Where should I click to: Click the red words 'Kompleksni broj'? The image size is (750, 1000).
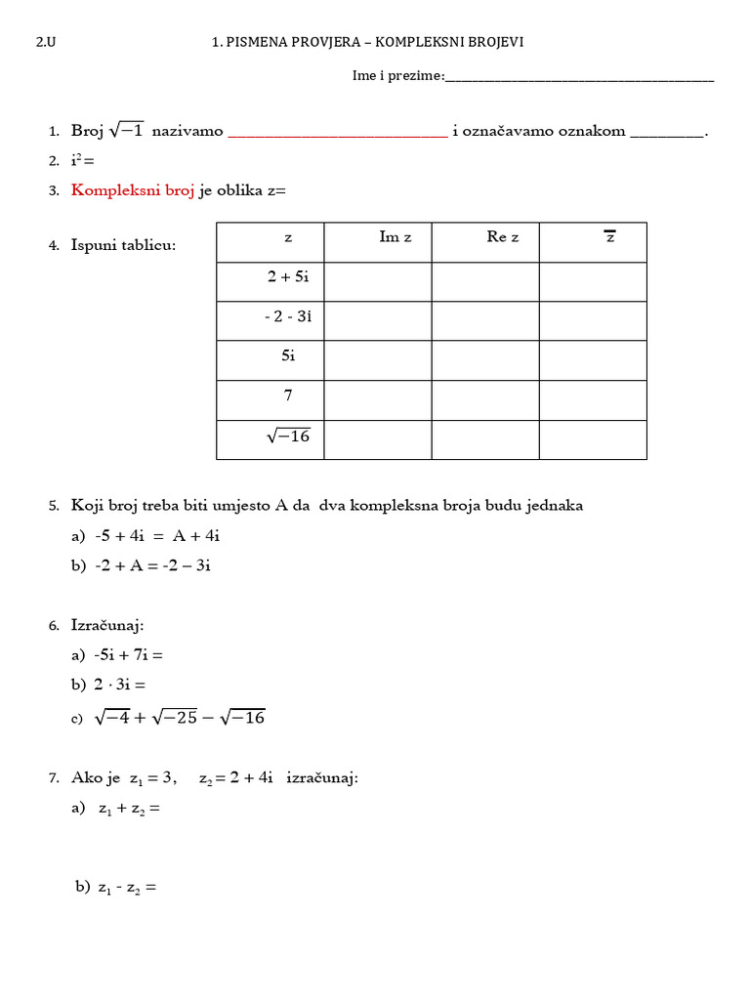coord(133,191)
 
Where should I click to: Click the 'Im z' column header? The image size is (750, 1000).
coord(395,237)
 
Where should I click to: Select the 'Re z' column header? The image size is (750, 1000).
coord(503,237)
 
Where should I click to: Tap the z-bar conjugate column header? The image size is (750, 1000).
coord(610,237)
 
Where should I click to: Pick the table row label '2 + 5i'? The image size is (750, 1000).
coord(288,277)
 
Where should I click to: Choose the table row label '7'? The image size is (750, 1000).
coord(288,396)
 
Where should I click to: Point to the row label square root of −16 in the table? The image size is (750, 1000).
coord(288,437)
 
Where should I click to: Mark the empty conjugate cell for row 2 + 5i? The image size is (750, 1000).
coord(593,282)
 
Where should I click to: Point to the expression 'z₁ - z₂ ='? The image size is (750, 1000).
coord(127,889)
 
